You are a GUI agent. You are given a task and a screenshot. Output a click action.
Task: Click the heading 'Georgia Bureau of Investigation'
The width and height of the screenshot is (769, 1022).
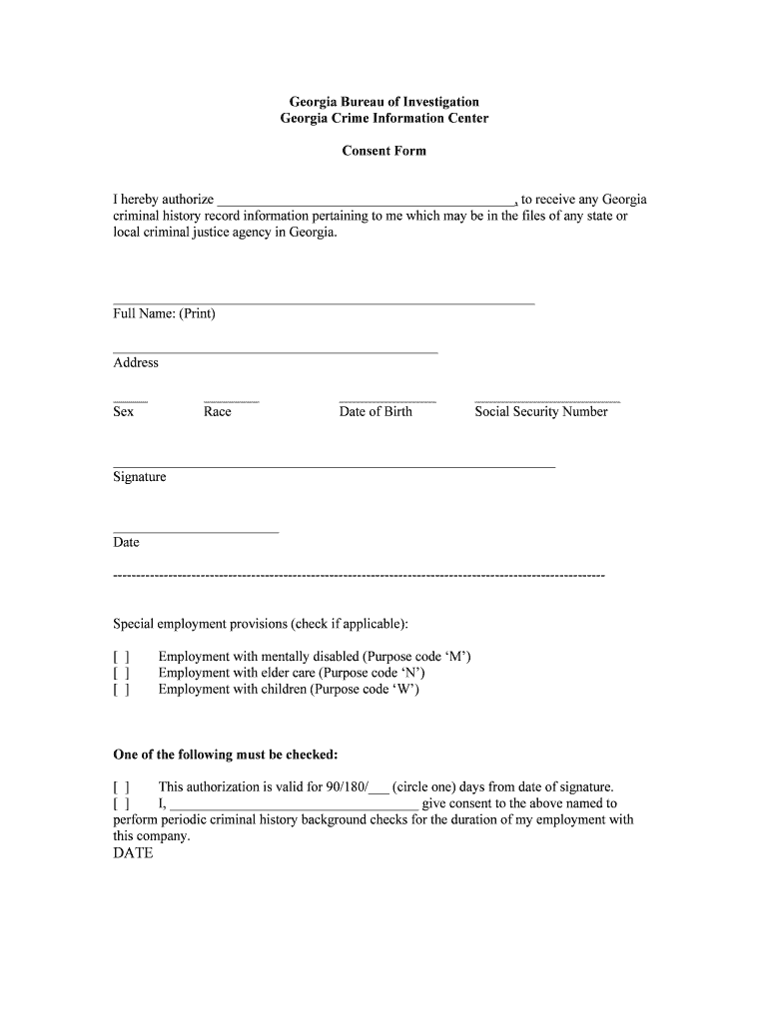384,102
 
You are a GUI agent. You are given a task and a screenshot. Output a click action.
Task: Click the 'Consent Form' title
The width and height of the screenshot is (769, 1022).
384,151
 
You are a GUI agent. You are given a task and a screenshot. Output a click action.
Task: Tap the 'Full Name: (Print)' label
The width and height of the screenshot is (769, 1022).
164,313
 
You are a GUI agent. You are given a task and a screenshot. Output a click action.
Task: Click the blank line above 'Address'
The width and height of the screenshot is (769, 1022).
275,352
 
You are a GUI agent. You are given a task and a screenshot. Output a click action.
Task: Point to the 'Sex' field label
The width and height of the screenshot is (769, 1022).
123,411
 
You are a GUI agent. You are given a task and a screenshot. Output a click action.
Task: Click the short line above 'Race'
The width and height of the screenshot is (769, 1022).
231,401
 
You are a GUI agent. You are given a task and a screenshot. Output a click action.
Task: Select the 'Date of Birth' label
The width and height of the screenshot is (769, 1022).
375,411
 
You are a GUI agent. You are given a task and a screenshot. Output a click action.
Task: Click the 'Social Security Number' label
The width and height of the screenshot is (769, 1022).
540,411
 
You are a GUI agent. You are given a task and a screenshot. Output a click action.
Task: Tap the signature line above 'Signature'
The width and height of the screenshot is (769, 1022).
334,466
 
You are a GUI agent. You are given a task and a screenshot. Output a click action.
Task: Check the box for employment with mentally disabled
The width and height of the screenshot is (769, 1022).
121,657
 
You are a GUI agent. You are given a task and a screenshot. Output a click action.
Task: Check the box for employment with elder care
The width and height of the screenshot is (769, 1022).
121,673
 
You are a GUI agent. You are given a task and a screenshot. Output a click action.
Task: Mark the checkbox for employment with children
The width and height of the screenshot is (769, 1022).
121,689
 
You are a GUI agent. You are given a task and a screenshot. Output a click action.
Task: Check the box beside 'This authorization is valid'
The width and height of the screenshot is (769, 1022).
121,786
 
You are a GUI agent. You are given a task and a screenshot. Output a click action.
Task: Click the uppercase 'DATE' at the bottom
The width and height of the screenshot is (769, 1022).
133,853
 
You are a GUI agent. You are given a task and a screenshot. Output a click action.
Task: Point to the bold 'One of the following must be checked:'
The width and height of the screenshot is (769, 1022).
225,754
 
